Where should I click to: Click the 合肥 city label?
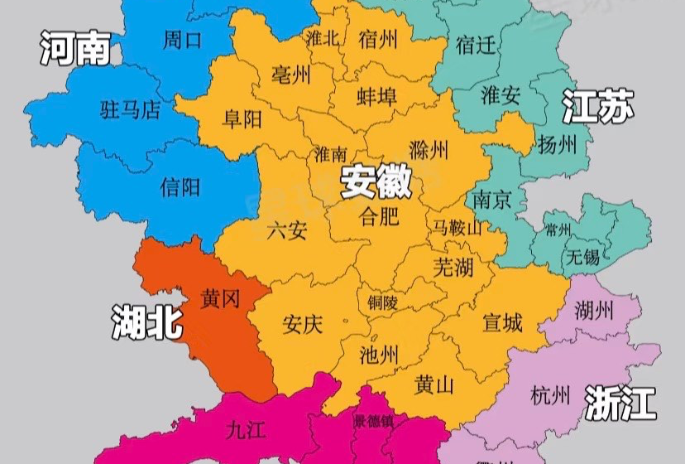coord(380,218)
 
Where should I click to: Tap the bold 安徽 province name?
coord(376,182)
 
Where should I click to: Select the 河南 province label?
coord(75,50)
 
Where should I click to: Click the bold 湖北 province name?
coord(147,321)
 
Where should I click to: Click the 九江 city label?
coord(246,429)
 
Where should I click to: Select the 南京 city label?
coord(493,199)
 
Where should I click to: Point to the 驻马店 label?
coord(130,110)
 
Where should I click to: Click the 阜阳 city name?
coord(242,119)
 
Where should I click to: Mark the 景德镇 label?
coord(375,421)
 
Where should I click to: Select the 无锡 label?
coord(582,257)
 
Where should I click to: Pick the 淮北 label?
coord(323,38)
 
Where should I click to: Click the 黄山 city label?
coord(434,385)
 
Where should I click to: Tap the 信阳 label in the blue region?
coord(180,186)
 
